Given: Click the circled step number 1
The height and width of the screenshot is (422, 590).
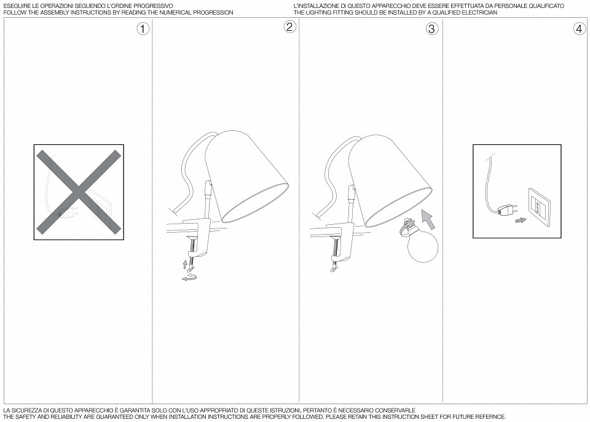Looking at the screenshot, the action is point(143,29).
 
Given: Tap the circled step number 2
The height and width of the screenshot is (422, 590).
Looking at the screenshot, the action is point(289,26).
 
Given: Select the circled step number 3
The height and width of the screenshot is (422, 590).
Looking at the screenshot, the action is point(431,29).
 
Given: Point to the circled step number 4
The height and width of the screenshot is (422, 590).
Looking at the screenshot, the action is point(579,29).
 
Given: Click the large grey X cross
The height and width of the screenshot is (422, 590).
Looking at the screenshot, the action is point(79,192).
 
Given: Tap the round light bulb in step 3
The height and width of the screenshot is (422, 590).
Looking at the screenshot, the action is point(423,244).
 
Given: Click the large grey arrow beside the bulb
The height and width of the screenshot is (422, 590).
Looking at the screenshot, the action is point(428,219).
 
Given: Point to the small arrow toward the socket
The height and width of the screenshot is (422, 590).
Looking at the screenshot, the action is point(521,220).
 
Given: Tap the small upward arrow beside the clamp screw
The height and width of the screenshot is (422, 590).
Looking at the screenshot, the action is point(185,264).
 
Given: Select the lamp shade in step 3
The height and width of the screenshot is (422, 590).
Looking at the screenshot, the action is point(390,179).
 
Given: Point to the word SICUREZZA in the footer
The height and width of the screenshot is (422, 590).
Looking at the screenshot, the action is point(28,410).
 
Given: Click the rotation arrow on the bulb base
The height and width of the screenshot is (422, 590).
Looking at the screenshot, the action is point(407,225).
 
